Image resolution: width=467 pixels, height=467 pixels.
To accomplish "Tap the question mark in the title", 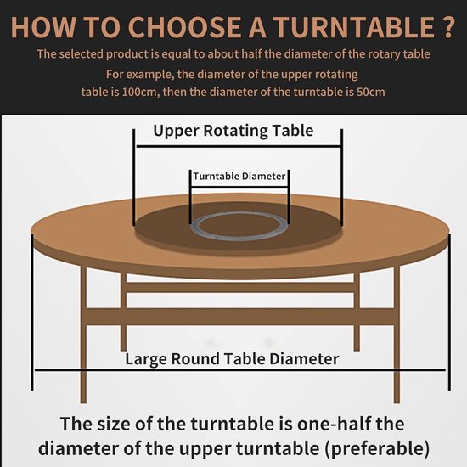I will (447, 25).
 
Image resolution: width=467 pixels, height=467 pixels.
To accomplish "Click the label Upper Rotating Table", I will (233, 131).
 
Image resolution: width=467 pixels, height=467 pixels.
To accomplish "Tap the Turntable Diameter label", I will (239, 177).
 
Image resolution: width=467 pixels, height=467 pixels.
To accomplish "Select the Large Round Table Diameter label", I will (232, 359).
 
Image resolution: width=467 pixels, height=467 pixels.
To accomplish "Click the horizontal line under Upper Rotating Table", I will (237, 145).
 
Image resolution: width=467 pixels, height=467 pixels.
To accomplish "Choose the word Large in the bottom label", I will (147, 359).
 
